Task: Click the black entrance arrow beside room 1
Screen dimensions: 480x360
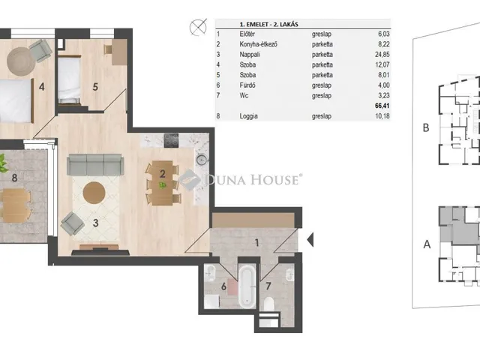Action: pyautogui.click(x=310, y=240)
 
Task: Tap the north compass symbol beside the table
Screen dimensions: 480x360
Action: pyautogui.click(x=198, y=27)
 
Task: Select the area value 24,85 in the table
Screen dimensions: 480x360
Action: pyautogui.click(x=382, y=55)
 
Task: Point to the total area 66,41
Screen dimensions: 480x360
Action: pyautogui.click(x=382, y=106)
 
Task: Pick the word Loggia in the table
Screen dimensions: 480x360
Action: pyautogui.click(x=248, y=116)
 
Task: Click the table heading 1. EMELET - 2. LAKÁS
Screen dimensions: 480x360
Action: pyautogui.click(x=268, y=24)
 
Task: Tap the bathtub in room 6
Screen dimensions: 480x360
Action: pyautogui.click(x=247, y=286)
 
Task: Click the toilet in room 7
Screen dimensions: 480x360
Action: pyautogui.click(x=268, y=304)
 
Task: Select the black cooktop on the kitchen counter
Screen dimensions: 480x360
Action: pyautogui.click(x=171, y=140)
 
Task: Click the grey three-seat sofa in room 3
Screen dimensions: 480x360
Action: pyautogui.click(x=95, y=165)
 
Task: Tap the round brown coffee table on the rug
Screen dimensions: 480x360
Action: pyautogui.click(x=94, y=193)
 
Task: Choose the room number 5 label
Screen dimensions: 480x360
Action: pyautogui.click(x=95, y=87)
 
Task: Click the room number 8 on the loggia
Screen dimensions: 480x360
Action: pyautogui.click(x=14, y=178)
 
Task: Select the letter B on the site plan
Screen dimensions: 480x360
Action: pyautogui.click(x=426, y=127)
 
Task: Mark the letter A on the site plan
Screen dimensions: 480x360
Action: pyautogui.click(x=427, y=244)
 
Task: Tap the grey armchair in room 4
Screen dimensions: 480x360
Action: pyautogui.click(x=40, y=50)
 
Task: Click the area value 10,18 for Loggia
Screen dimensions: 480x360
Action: pyautogui.click(x=382, y=116)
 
